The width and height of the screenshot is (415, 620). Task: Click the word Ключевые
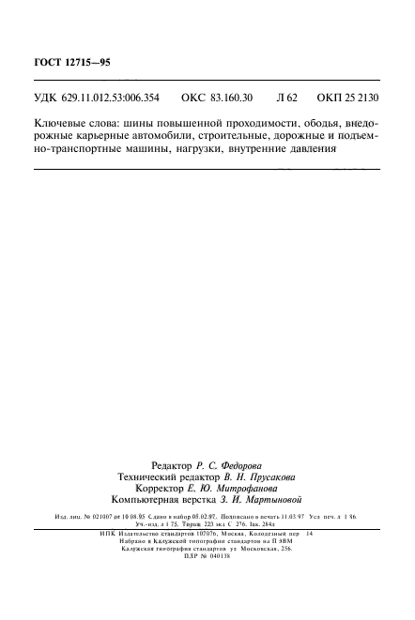point(61,124)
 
